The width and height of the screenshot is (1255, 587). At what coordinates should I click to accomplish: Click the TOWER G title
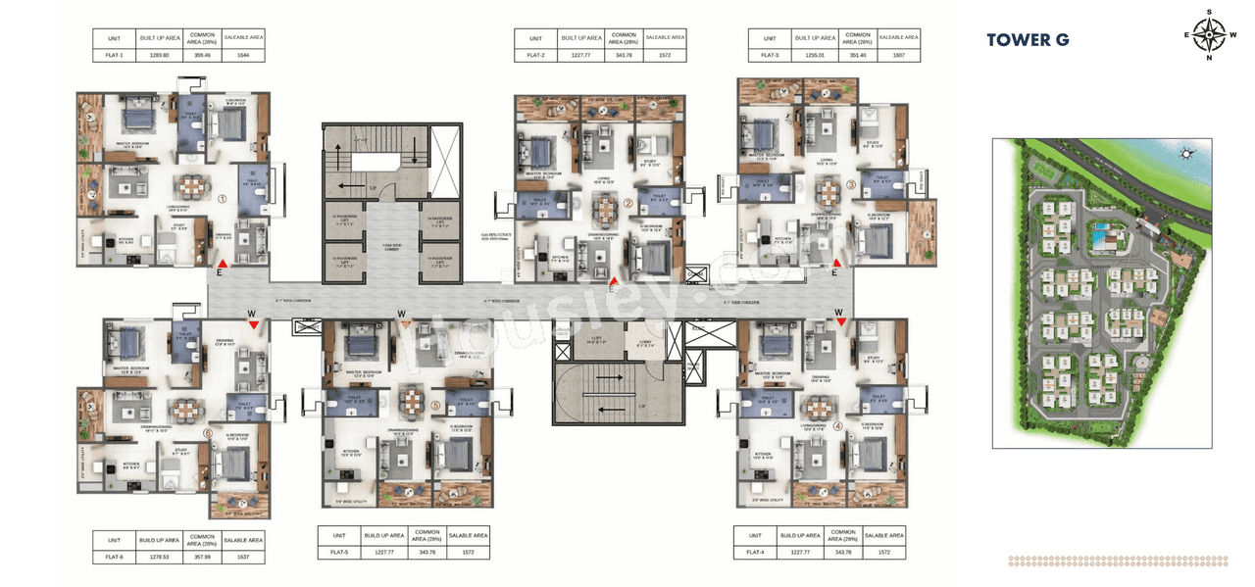1027,40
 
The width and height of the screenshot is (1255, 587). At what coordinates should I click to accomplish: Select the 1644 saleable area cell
243,56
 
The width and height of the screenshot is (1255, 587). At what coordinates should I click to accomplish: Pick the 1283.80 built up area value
159,56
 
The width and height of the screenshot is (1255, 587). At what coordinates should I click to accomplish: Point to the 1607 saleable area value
898,56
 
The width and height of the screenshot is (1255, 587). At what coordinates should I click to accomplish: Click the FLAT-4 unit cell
755,552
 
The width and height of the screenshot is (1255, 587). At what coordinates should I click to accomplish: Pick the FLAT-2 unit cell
535,56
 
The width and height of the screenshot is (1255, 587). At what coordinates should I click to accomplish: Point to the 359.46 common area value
201,56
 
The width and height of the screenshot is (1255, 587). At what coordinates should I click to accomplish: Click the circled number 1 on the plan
223,198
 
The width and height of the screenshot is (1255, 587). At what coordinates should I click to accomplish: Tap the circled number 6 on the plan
207,432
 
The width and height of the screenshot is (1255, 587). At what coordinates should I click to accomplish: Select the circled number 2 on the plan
627,204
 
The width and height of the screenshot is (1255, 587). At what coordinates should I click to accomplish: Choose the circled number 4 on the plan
837,426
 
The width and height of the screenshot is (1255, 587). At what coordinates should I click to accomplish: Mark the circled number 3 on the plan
851,184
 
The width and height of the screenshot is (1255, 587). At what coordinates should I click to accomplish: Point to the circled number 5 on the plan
435,406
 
